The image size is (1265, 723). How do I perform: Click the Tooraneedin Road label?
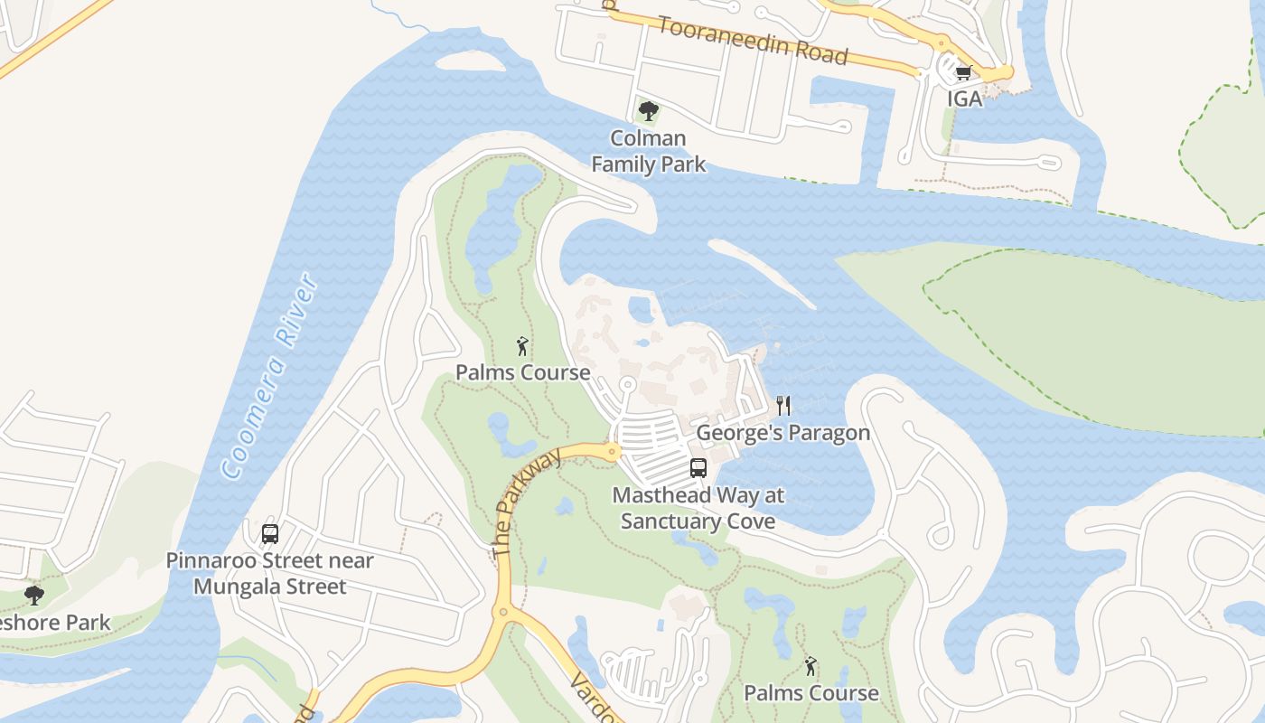[x=753, y=40]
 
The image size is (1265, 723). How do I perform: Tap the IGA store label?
[x=964, y=99]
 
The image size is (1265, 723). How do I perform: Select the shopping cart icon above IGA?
[x=963, y=73]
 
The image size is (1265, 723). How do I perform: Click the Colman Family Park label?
[x=648, y=151]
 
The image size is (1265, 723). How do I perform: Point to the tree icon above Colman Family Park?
[x=647, y=111]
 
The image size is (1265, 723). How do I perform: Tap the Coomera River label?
[x=270, y=376]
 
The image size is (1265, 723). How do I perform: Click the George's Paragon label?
[x=782, y=433]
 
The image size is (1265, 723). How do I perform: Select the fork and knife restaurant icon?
[x=783, y=406]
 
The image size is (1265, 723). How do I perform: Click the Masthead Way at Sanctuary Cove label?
[x=698, y=508]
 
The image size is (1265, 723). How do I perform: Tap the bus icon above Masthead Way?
[x=698, y=467]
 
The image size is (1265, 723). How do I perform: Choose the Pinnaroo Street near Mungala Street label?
[x=270, y=574]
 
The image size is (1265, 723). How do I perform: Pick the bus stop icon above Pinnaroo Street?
[x=270, y=534]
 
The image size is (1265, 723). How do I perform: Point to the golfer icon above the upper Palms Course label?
[x=522, y=346]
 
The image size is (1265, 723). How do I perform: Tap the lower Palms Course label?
[x=811, y=693]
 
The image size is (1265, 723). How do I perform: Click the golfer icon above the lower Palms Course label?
[x=811, y=667]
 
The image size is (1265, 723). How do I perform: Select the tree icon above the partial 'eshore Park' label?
[x=34, y=596]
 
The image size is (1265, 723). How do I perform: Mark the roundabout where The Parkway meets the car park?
[x=613, y=451]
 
